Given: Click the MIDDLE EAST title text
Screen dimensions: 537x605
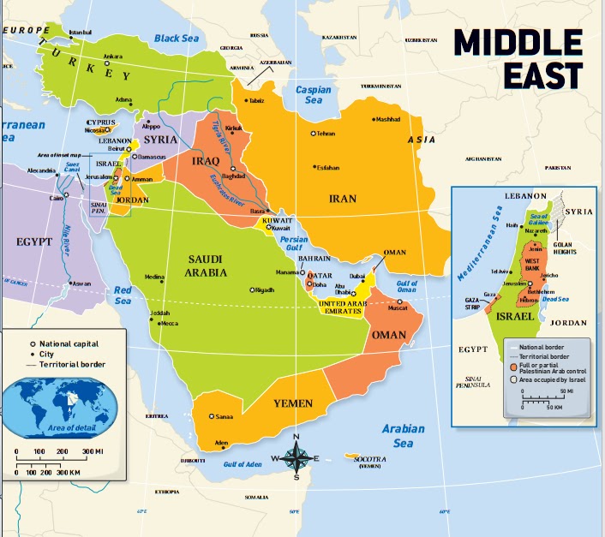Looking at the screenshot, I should click(x=518, y=57).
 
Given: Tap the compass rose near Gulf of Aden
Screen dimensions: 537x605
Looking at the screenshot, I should click(x=296, y=457).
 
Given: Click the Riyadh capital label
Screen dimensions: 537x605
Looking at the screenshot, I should click(x=265, y=289).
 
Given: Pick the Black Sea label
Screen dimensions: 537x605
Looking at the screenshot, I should click(x=177, y=39).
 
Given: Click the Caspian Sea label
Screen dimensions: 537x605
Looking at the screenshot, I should click(x=313, y=94).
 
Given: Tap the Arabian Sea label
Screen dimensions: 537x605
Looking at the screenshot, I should click(x=403, y=436).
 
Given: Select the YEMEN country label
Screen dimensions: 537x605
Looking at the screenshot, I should click(x=292, y=403).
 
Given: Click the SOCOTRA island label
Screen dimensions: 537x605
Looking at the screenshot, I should click(x=369, y=461).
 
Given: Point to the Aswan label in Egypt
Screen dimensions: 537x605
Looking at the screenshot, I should click(x=81, y=283).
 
